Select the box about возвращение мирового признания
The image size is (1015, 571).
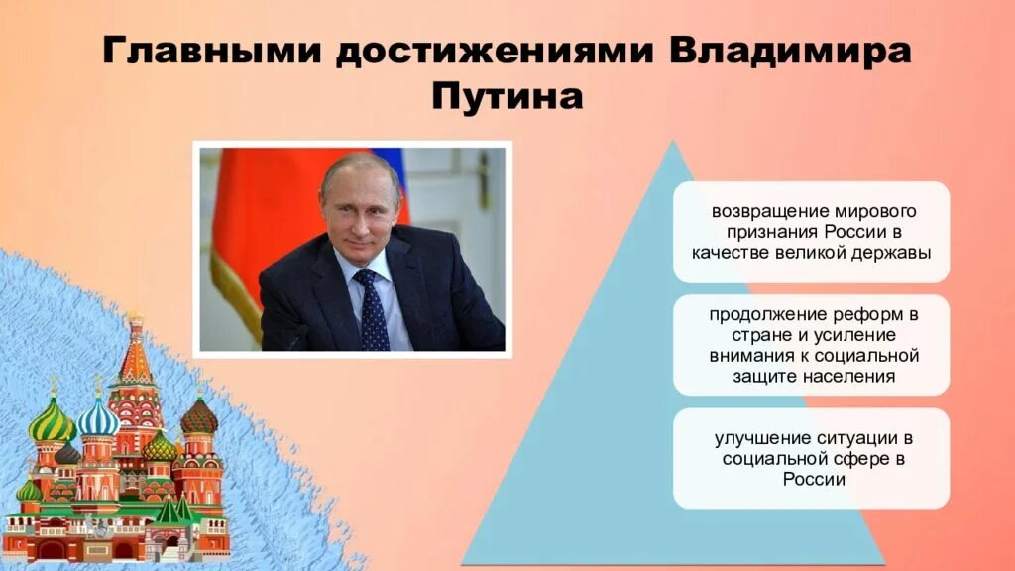point(811,232)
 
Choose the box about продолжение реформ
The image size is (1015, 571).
point(811,345)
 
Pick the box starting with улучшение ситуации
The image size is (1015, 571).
point(811,458)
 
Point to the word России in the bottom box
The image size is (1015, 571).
point(811,479)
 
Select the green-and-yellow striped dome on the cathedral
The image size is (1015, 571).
point(52,419)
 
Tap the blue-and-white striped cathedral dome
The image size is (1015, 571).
point(98,417)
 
